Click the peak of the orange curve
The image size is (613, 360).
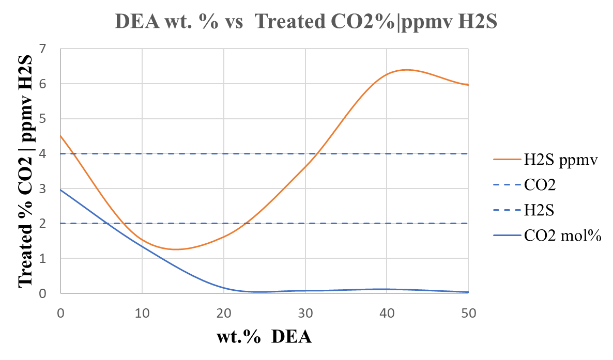click(406, 69)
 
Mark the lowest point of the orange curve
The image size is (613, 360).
click(176, 249)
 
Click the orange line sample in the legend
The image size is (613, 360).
click(507, 160)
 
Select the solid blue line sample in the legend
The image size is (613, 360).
click(507, 236)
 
